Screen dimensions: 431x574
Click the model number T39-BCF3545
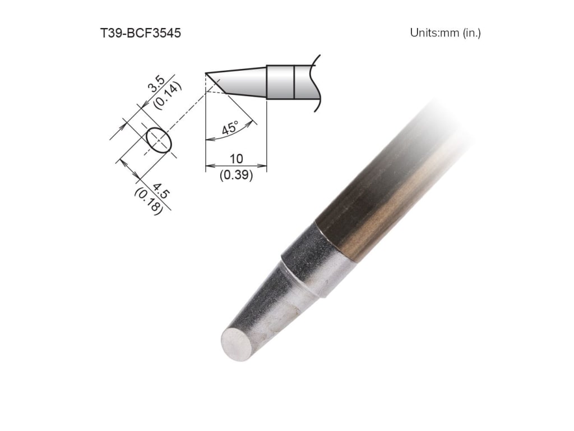(x=140, y=33)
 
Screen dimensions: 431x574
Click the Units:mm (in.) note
(x=445, y=33)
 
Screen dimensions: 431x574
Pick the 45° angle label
(x=230, y=128)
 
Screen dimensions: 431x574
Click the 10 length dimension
(x=235, y=159)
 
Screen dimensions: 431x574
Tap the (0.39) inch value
(x=235, y=175)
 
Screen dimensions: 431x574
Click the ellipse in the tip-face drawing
(x=158, y=140)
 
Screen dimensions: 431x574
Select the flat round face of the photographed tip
(x=236, y=345)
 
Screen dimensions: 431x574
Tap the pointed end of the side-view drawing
(x=207, y=74)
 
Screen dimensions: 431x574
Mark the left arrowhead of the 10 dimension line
(x=209, y=166)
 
